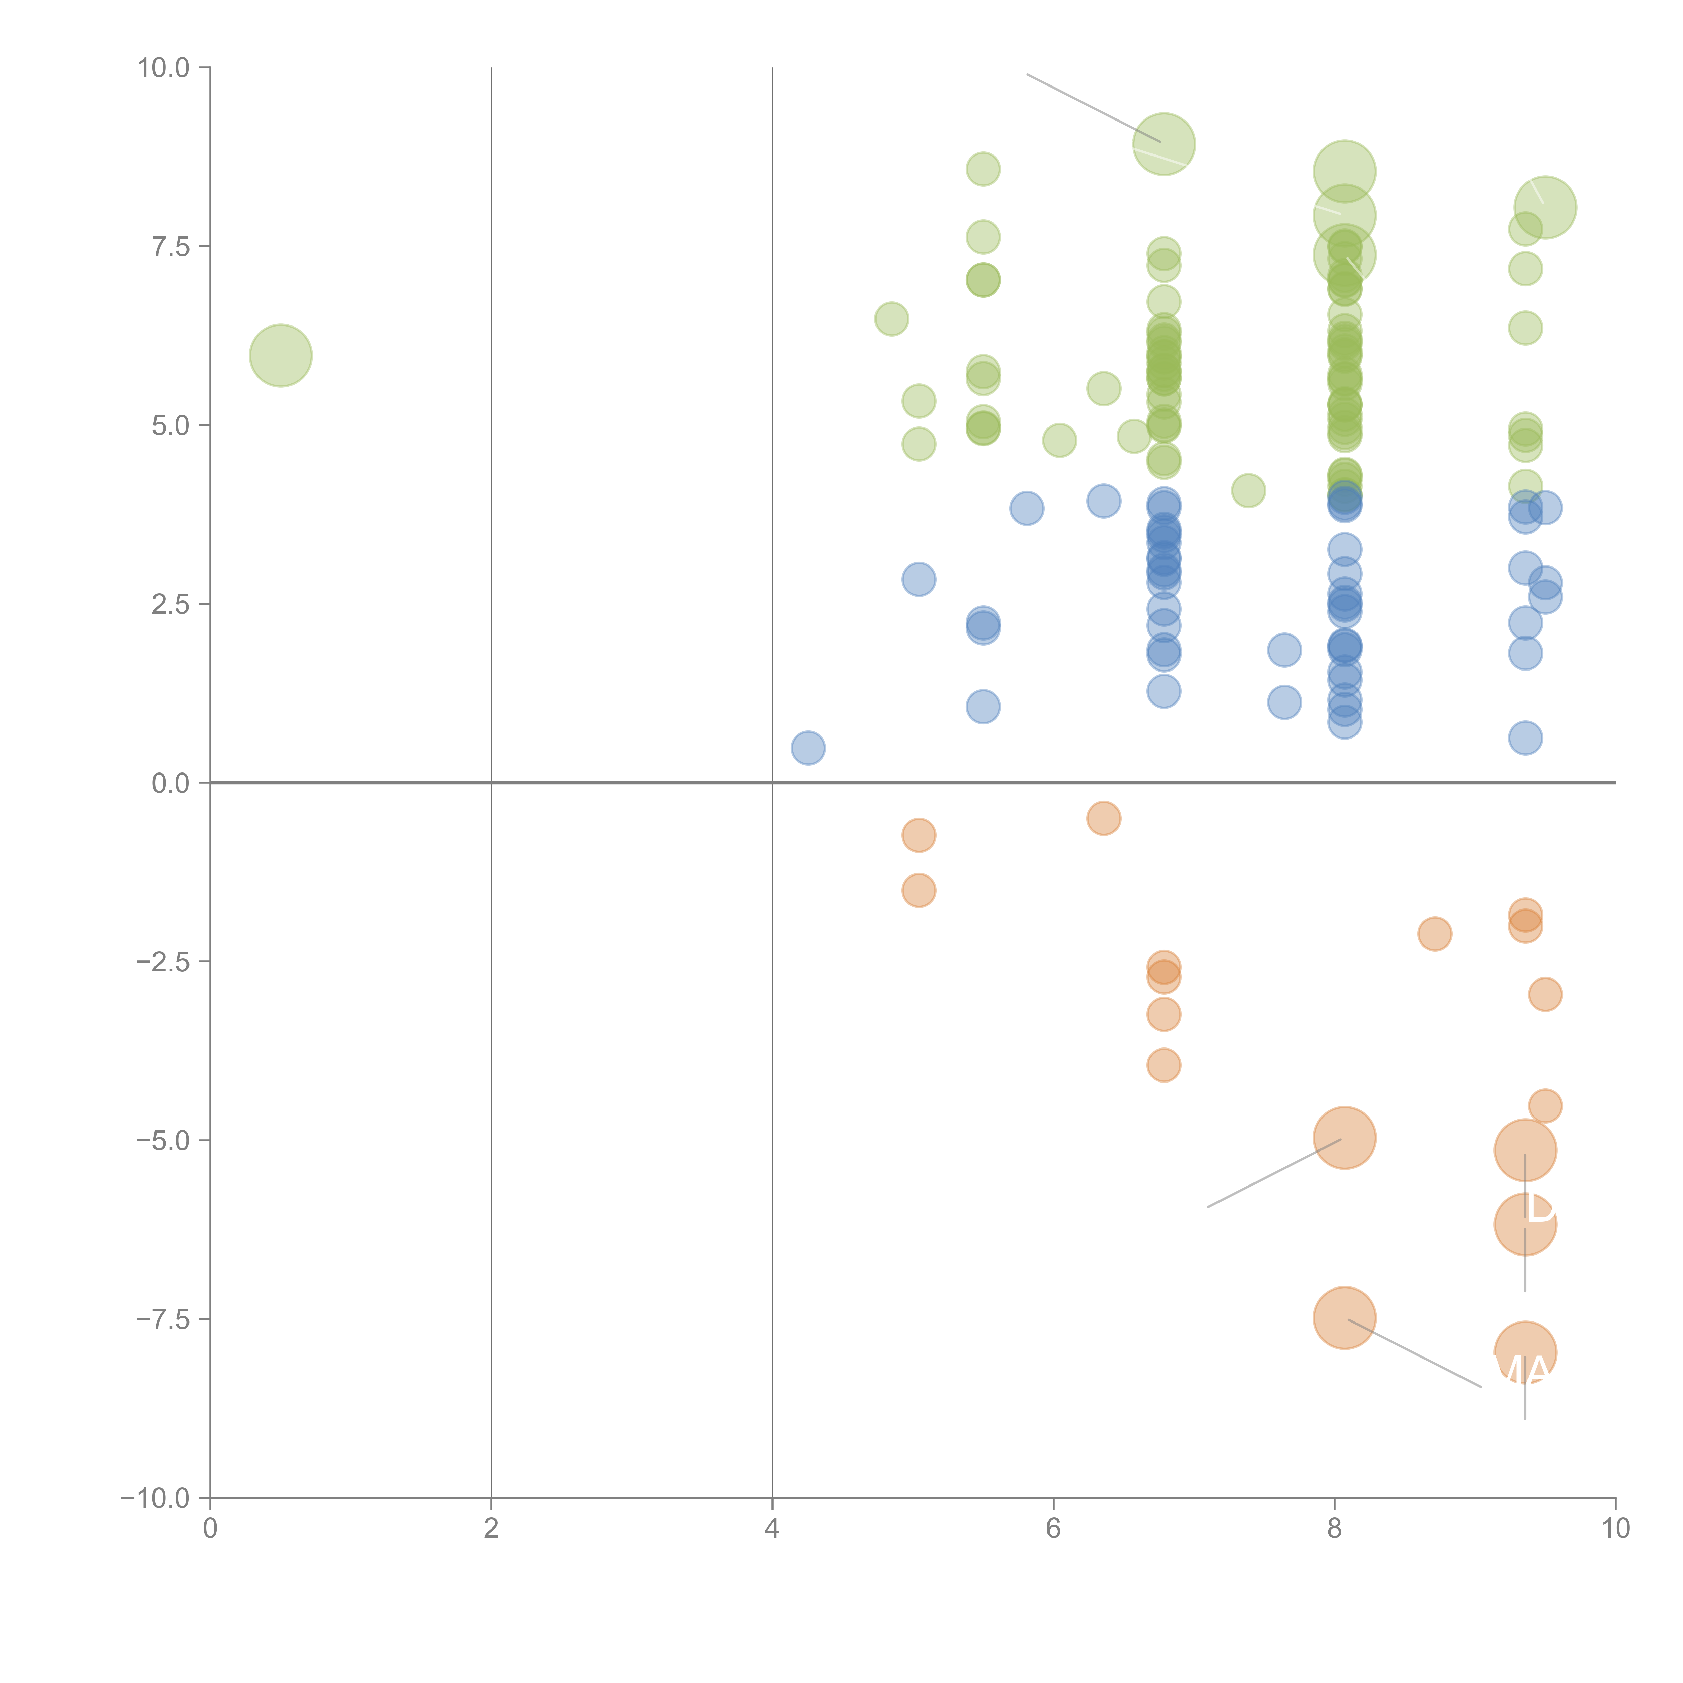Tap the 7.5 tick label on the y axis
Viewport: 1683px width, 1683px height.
click(171, 246)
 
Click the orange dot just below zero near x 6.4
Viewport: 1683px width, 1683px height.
click(1103, 818)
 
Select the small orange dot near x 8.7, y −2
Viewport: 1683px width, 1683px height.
click(1434, 934)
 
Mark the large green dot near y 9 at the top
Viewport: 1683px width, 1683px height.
click(1163, 144)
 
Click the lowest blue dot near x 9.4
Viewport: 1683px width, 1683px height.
click(1524, 738)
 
